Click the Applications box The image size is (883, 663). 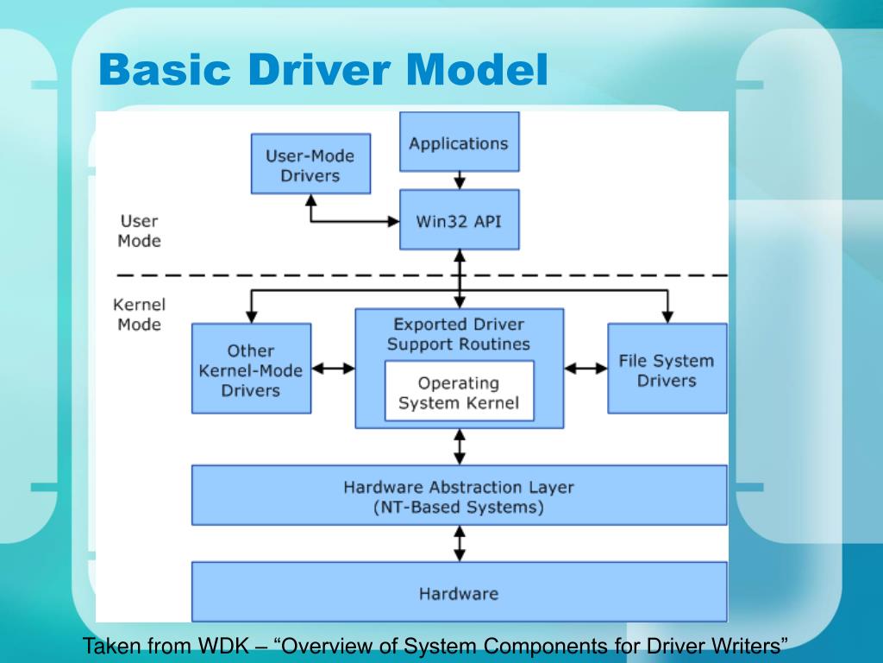[x=459, y=142]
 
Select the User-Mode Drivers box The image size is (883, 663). [x=310, y=164]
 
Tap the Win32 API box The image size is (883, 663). [x=459, y=220]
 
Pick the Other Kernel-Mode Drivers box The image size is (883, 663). [x=251, y=369]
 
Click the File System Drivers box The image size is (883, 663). [x=667, y=369]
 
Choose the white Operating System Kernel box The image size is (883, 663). [x=459, y=392]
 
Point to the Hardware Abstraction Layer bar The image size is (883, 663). [x=459, y=496]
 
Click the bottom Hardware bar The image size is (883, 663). [x=459, y=593]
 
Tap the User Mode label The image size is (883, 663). [x=139, y=230]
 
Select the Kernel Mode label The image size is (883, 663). [x=139, y=314]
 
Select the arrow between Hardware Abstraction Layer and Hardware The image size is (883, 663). [x=460, y=544]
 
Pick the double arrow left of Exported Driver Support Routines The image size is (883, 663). [x=333, y=369]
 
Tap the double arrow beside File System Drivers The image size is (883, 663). [x=586, y=369]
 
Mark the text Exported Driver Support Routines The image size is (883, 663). [x=459, y=334]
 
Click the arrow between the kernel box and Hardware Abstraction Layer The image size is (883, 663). [x=460, y=447]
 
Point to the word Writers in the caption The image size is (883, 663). [x=750, y=646]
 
